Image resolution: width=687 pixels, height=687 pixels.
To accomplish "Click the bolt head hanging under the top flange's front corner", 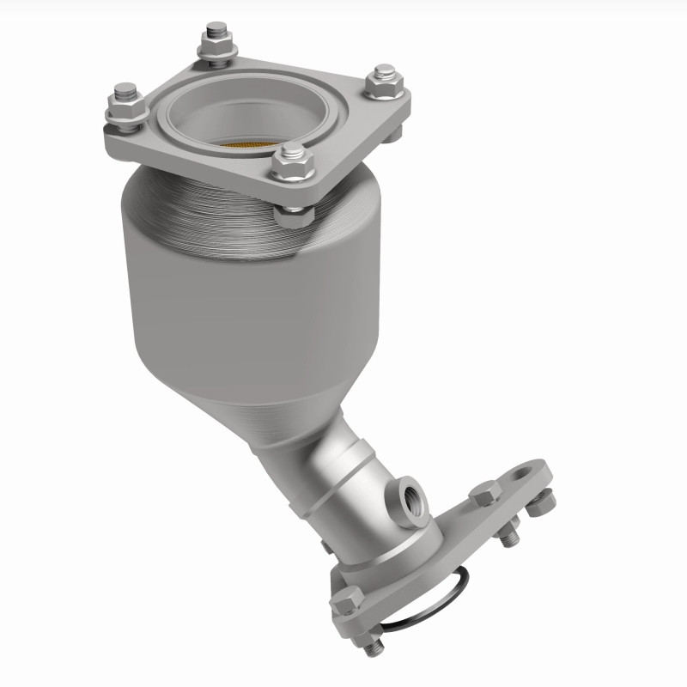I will tap(292, 214).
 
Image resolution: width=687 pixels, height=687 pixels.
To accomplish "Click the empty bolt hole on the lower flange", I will tap(524, 471).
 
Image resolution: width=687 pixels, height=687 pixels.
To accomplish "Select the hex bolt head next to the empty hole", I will tap(485, 494).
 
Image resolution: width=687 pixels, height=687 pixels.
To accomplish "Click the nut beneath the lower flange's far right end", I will tap(541, 502).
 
